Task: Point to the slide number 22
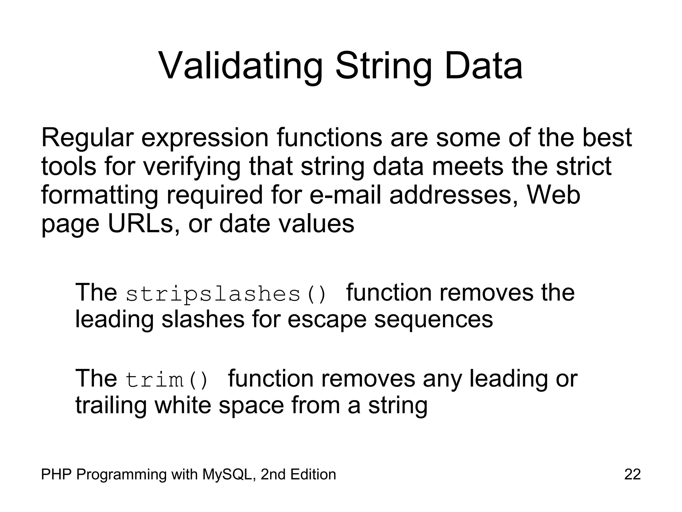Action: [x=632, y=474]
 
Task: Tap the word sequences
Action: [x=433, y=319]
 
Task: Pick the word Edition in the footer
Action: [x=313, y=474]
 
